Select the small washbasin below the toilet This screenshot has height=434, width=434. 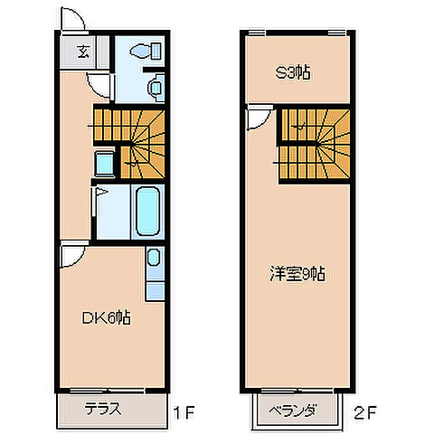click(154, 87)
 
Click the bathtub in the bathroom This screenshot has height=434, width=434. click(147, 210)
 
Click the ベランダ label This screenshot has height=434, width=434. click(292, 412)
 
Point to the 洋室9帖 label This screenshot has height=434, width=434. click(297, 273)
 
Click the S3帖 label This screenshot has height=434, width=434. click(292, 74)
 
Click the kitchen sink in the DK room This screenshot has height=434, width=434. click(155, 259)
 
